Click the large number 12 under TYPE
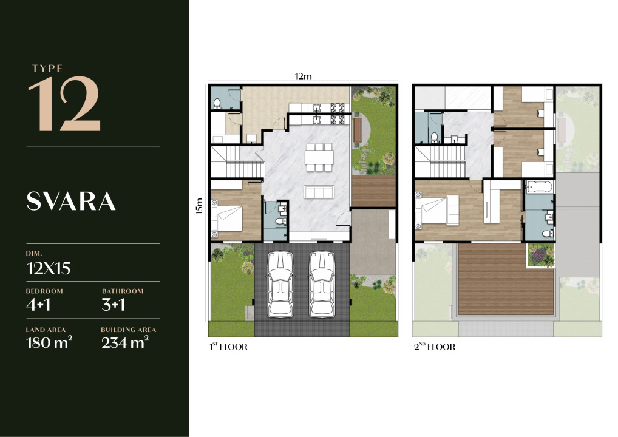coord(64,104)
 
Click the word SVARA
coord(71,202)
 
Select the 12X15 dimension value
coord(49,268)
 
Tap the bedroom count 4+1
coord(38,305)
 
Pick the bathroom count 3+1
coord(114,305)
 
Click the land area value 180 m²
coord(49,342)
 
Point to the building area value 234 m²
coord(125,342)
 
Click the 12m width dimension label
coord(304,76)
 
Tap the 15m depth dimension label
coord(199,206)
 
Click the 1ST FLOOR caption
coord(228,347)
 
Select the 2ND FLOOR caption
coord(435,347)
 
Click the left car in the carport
coord(280,284)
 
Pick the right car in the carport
coord(322,284)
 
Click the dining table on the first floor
coord(319,157)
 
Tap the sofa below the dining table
coord(319,192)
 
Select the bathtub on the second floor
coord(539,187)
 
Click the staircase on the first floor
coord(237,162)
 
